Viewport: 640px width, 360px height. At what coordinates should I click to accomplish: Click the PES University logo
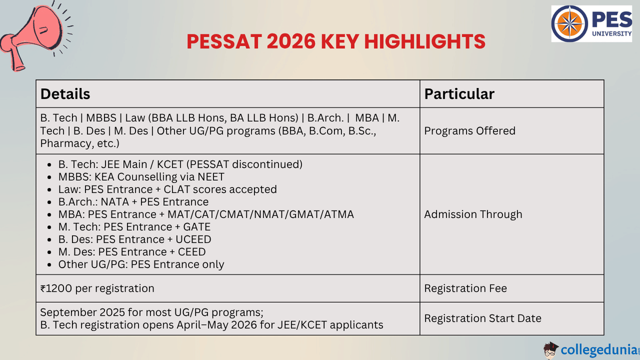point(593,24)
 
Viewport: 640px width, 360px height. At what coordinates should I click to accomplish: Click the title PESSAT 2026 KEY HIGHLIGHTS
point(336,42)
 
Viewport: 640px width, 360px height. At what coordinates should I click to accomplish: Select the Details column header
point(65,94)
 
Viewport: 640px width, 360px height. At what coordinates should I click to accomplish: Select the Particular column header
point(459,94)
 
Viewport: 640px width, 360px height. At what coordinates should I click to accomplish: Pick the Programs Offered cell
point(469,131)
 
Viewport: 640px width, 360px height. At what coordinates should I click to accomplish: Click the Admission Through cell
point(473,214)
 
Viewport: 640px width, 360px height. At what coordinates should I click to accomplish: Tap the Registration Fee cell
point(465,289)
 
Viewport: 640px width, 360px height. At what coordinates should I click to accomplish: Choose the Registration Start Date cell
point(482,318)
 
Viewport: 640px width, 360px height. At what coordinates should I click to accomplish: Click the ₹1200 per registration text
point(98,289)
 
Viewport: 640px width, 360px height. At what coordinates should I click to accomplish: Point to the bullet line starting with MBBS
point(141,177)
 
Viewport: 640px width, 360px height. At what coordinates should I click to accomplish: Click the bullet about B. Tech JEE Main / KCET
point(180,164)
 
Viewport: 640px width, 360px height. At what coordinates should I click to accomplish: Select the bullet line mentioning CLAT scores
point(167,189)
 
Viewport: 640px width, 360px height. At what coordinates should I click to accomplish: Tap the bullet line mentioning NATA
point(133,202)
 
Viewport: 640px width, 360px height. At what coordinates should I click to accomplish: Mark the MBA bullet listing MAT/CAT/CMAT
point(206,214)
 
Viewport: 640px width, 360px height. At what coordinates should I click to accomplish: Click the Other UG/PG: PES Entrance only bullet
point(141,265)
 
